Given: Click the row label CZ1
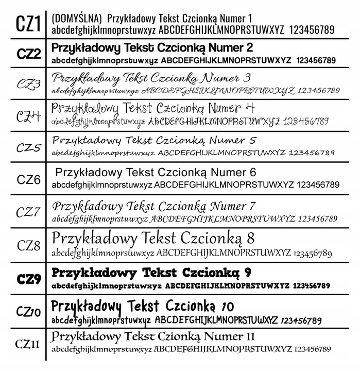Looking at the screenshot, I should coord(27,24).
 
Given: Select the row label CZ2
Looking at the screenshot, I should coord(28,54).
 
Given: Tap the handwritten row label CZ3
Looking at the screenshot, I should coord(28,84).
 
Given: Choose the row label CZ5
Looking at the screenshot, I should coord(28,147).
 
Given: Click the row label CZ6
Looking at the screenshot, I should coord(28,179).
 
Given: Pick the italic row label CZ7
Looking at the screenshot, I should coord(28,211).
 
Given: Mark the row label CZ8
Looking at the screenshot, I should coord(28,245).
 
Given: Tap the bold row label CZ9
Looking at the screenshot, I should coord(28,279).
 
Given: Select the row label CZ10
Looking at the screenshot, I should coord(28,311).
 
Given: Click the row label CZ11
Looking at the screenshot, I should coord(27,344).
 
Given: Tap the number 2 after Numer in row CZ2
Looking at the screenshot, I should coord(249,48).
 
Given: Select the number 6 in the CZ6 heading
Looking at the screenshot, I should coord(252,172).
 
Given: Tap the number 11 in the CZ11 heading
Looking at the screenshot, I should coord(249,337).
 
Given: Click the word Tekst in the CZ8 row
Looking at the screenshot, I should coord(160,239).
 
